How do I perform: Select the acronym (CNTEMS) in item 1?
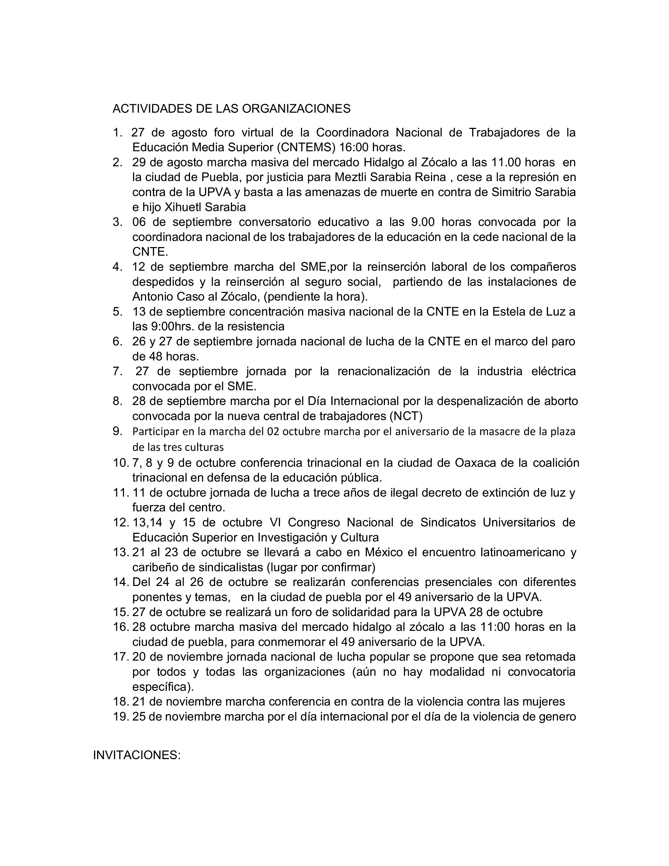coord(306,147)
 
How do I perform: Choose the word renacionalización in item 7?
coord(383,372)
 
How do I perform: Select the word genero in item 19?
coord(555,717)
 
